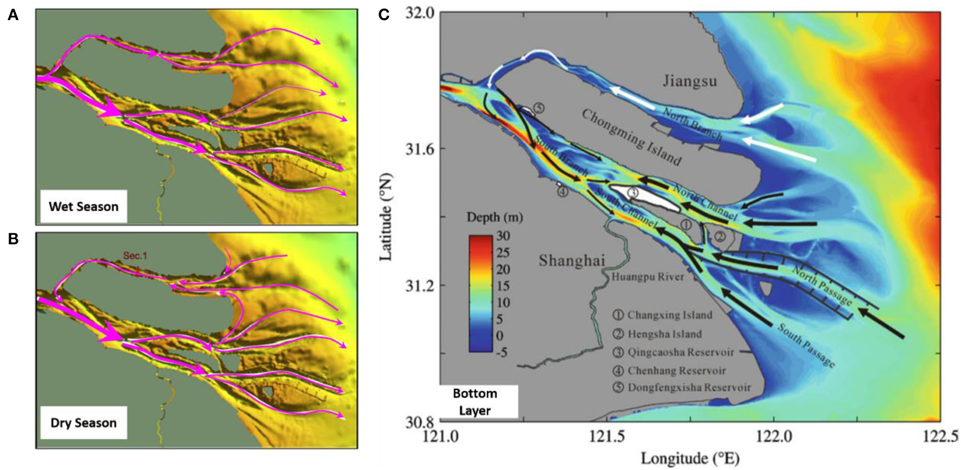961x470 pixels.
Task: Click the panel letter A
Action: (x=13, y=15)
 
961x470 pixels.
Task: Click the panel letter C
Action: (x=384, y=15)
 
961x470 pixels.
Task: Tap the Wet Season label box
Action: (x=83, y=207)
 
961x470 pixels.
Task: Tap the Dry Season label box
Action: (x=83, y=423)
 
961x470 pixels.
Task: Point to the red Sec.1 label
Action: (x=135, y=256)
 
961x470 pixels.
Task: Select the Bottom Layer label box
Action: (x=475, y=402)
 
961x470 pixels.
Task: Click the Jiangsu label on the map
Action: (x=690, y=81)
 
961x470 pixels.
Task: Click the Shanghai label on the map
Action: (x=571, y=261)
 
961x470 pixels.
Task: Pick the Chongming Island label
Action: (x=631, y=137)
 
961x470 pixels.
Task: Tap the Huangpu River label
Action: (x=648, y=277)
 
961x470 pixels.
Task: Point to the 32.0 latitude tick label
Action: (x=420, y=12)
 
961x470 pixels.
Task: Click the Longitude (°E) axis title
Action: (x=690, y=459)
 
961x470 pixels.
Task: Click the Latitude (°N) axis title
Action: (x=386, y=217)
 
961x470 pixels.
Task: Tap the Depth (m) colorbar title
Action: (x=494, y=218)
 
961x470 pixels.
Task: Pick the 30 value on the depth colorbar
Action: (x=503, y=236)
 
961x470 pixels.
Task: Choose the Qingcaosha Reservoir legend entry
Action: (x=674, y=352)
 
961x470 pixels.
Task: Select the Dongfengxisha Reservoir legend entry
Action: (x=682, y=387)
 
